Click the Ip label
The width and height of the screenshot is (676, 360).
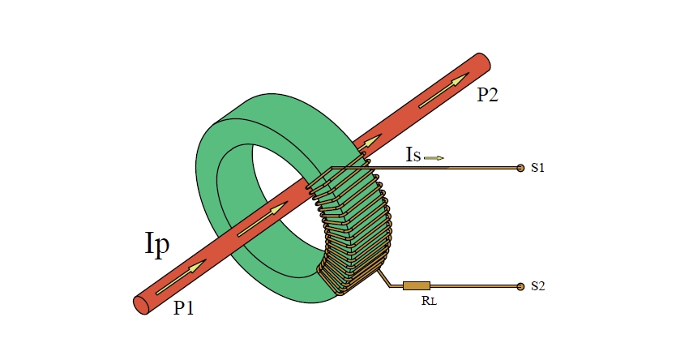point(156,244)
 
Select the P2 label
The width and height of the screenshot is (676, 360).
point(487,95)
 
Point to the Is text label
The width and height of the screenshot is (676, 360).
point(413,155)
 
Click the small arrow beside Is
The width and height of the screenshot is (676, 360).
point(434,157)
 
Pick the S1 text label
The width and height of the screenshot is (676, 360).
point(537,168)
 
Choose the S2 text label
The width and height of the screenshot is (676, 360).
point(537,286)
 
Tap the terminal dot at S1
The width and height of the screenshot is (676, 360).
point(520,168)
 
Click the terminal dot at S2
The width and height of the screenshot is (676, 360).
point(520,286)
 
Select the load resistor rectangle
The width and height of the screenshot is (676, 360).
point(416,285)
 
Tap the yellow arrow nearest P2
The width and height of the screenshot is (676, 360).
point(444,91)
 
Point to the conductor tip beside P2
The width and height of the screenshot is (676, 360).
point(484,62)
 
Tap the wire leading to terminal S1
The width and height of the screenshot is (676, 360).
point(454,168)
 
